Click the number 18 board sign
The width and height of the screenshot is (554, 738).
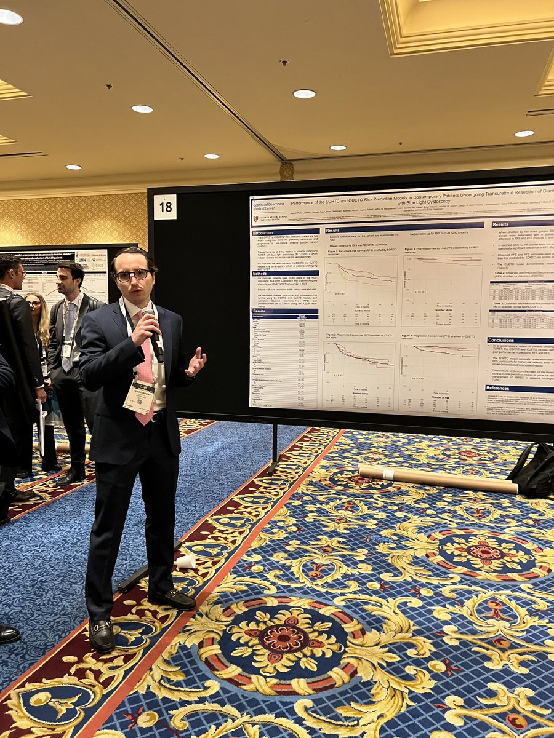(x=165, y=207)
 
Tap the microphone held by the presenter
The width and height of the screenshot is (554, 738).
(x=154, y=335)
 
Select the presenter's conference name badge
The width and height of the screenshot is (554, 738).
(x=139, y=397)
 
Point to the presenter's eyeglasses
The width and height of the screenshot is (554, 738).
(x=132, y=275)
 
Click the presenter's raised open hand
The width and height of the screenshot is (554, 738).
(x=196, y=362)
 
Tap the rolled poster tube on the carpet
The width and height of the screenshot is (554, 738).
(x=438, y=479)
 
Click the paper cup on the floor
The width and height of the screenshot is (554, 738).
(x=185, y=561)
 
